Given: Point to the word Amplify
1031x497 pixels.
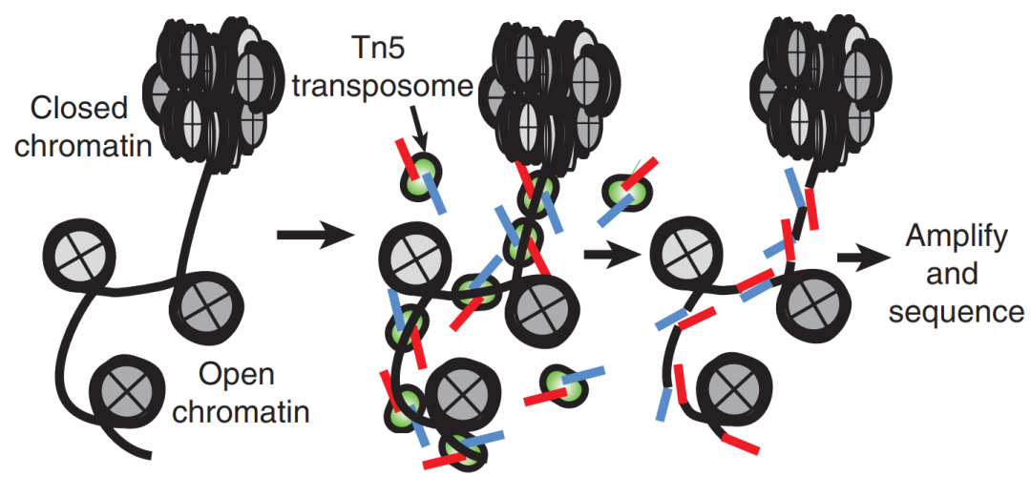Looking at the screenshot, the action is [x=956, y=238].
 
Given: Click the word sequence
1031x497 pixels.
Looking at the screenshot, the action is [x=957, y=312].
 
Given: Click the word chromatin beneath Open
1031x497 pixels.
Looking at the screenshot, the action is [x=244, y=413].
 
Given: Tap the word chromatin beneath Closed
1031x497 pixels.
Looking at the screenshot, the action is [x=82, y=145].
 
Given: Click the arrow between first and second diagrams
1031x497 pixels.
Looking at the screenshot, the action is [x=311, y=236].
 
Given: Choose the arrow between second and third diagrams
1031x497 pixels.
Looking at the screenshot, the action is [x=611, y=254].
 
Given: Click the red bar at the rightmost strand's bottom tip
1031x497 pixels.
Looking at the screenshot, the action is [x=741, y=445].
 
